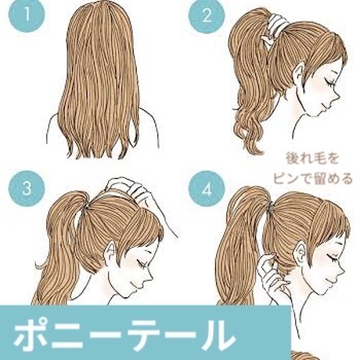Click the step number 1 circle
pos(27,14)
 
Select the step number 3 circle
pos(27,189)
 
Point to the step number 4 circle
pos(206,189)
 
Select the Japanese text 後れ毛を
pos(312,159)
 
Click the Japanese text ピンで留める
pos(312,178)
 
